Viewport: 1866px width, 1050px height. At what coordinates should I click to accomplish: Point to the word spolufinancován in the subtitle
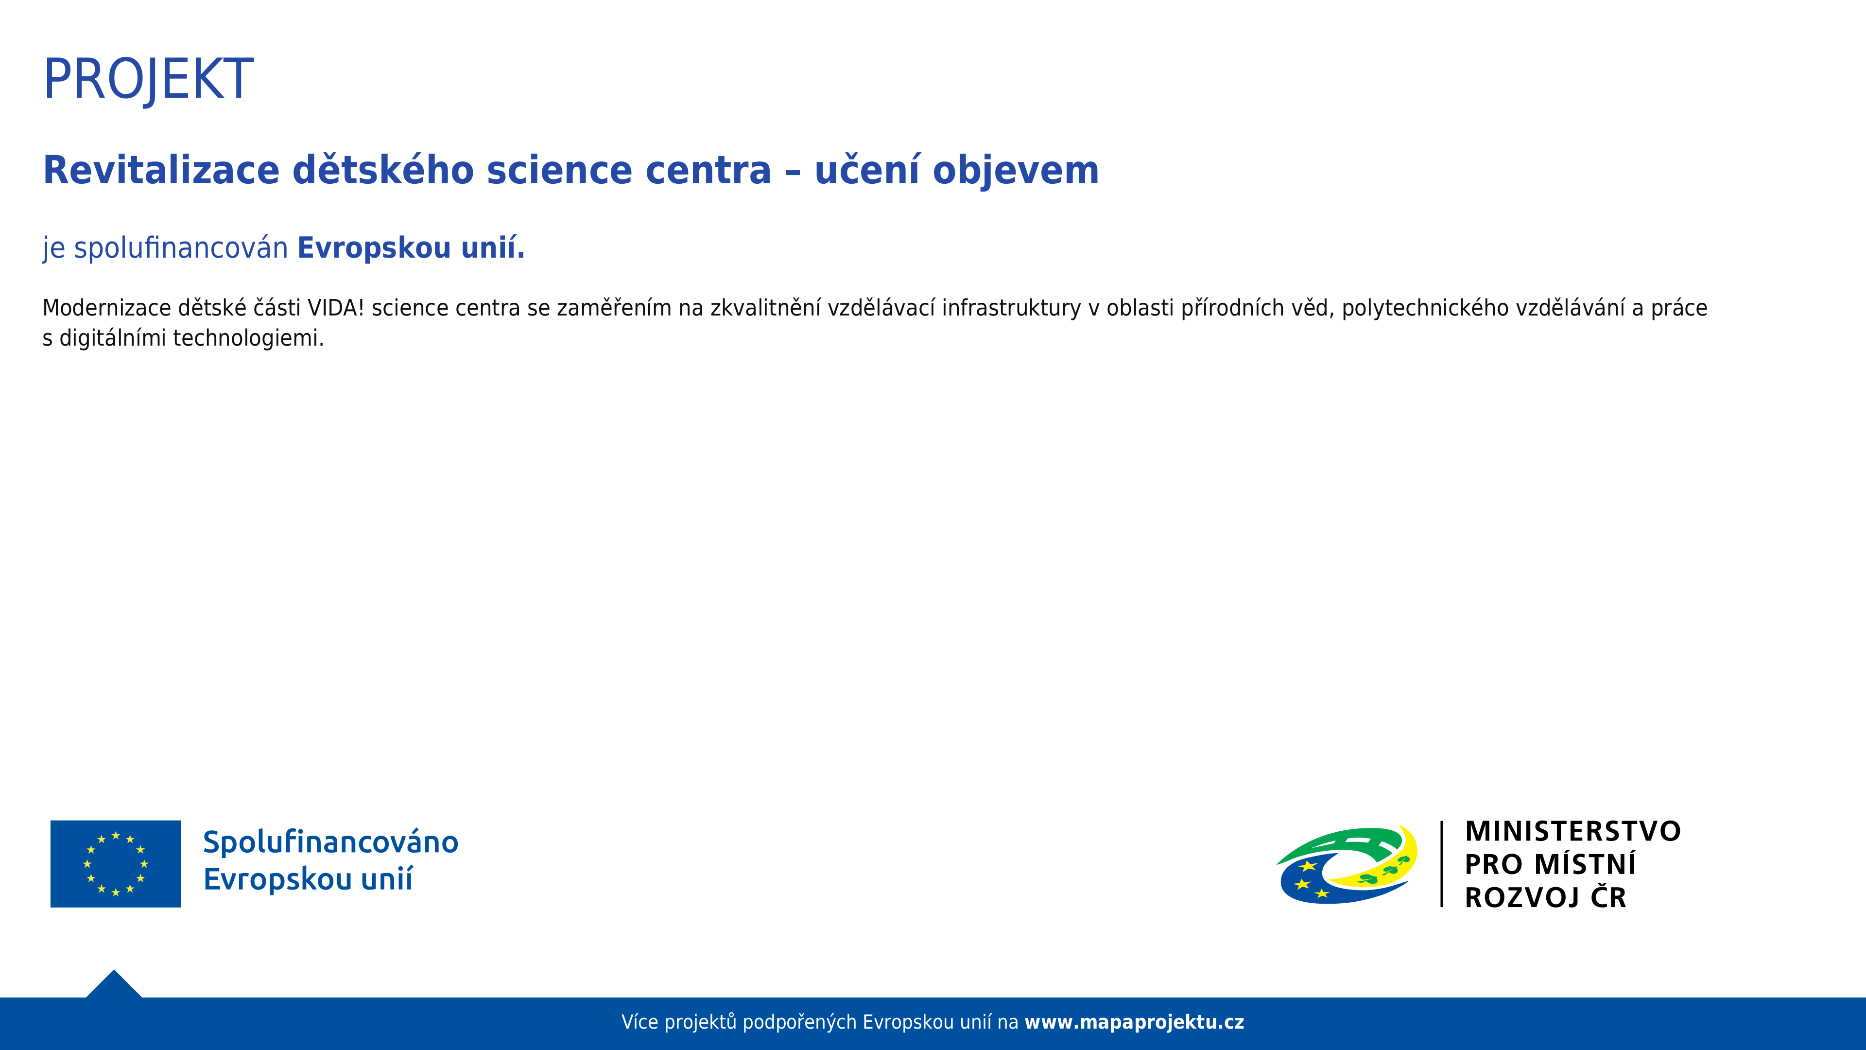pyautogui.click(x=181, y=248)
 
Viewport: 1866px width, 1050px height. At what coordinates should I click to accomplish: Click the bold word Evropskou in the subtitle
pyautogui.click(x=375, y=248)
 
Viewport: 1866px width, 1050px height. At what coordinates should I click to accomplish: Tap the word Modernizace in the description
pyautogui.click(x=106, y=308)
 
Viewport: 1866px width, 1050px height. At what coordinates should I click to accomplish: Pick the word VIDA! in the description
pyautogui.click(x=335, y=308)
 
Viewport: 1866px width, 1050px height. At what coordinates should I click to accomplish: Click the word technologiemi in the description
pyautogui.click(x=248, y=338)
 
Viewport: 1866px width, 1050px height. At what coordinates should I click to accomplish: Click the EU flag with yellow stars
pyautogui.click(x=116, y=864)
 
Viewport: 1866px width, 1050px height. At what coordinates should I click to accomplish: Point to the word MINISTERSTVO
pyautogui.click(x=1572, y=832)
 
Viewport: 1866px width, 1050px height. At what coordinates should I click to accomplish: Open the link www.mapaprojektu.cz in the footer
pyautogui.click(x=1134, y=1022)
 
